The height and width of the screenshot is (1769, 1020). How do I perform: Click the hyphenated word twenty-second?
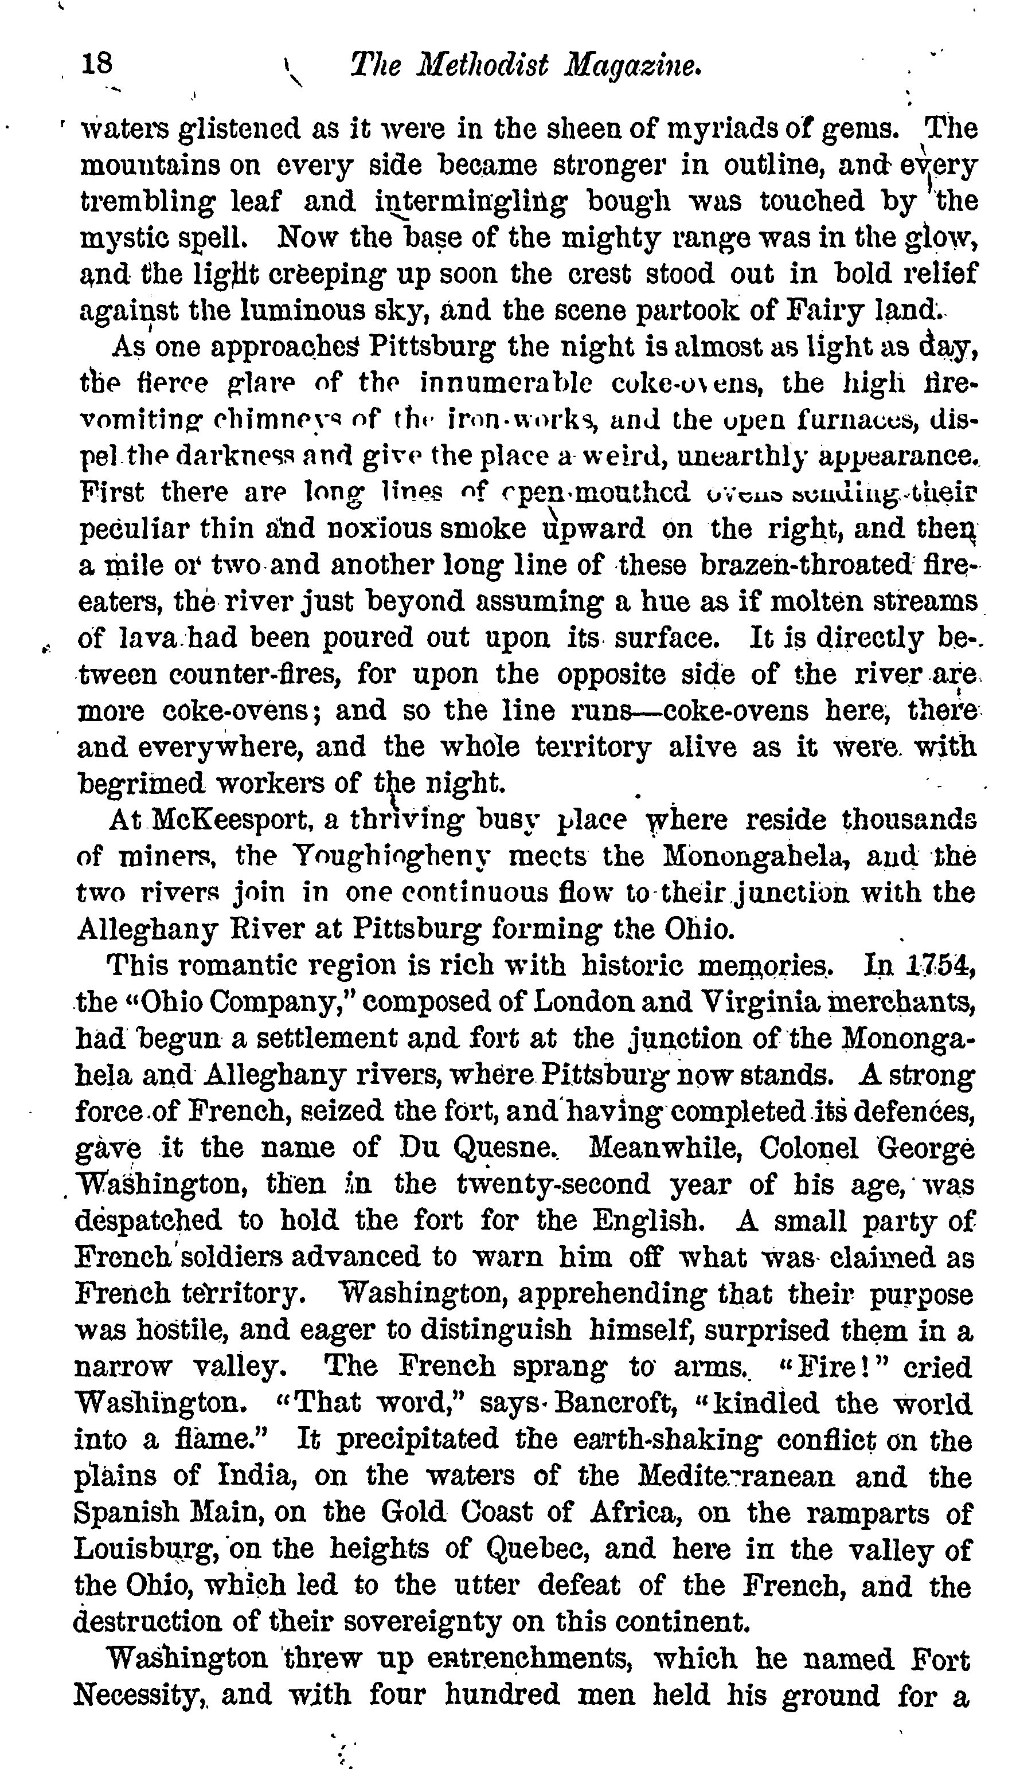[553, 1184]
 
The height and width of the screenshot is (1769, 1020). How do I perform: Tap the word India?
[255, 1476]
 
